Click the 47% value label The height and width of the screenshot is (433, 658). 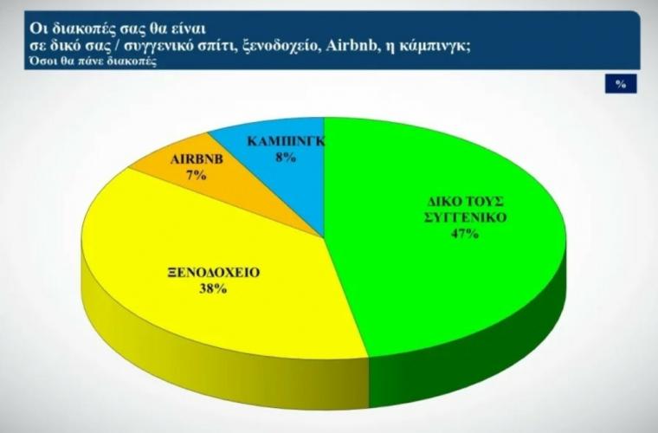point(465,234)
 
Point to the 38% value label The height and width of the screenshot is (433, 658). point(213,288)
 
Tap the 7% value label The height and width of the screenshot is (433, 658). point(197,175)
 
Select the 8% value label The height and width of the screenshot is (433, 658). point(286,158)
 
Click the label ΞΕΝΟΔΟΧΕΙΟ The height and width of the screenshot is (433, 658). point(213,272)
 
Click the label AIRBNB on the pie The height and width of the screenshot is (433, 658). point(197,159)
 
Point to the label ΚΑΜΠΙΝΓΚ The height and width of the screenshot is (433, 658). point(286,141)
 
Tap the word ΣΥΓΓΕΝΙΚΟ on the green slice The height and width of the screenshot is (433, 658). point(466,217)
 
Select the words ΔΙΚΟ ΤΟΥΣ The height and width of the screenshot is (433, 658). point(466,202)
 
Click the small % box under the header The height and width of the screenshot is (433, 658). point(621,84)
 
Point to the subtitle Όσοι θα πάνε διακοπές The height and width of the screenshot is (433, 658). point(93,61)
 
